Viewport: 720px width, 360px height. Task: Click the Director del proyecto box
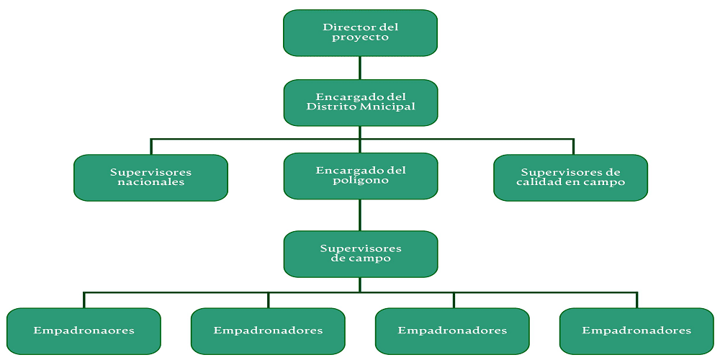point(360,32)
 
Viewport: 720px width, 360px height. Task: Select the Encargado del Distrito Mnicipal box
point(360,102)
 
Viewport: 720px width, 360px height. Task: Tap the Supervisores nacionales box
point(150,177)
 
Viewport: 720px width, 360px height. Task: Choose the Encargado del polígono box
point(360,176)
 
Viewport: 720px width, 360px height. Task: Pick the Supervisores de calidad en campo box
point(570,177)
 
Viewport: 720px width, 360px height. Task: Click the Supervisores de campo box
point(360,253)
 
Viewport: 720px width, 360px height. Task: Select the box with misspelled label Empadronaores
point(84,330)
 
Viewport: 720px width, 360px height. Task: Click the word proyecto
point(360,37)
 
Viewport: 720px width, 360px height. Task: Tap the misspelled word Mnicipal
point(391,107)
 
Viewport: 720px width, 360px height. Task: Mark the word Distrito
point(330,107)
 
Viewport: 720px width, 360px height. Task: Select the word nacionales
point(150,182)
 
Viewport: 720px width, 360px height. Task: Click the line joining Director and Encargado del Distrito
point(360,68)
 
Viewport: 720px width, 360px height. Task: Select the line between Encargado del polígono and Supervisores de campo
point(360,215)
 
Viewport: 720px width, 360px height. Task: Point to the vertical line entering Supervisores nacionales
point(150,146)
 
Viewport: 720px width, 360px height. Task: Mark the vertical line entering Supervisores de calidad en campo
point(573,146)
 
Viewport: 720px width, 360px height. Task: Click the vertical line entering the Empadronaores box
point(84,300)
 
